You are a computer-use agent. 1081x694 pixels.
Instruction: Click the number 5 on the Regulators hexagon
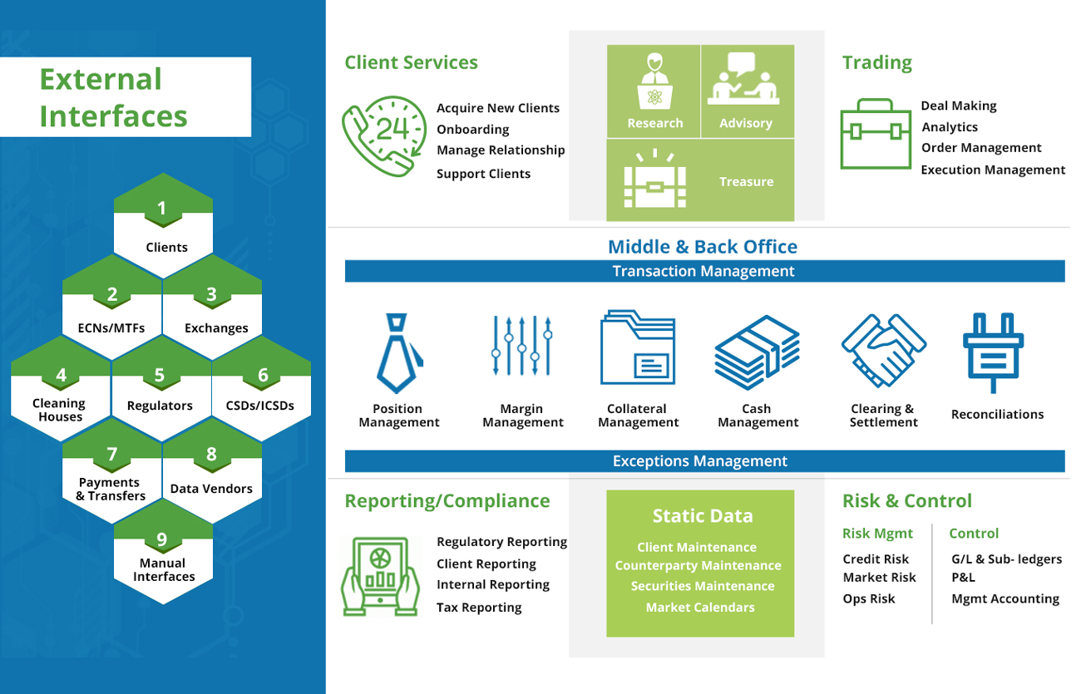[x=160, y=375]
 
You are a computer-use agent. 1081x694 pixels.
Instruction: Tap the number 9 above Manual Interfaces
[x=161, y=539]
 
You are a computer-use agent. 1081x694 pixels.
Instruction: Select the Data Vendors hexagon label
[x=211, y=489]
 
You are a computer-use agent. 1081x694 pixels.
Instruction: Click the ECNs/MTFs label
[x=111, y=328]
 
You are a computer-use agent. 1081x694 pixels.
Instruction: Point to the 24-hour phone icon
[x=384, y=136]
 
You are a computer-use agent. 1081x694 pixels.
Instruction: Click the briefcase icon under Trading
[x=876, y=134]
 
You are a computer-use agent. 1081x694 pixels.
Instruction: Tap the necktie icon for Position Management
[x=398, y=353]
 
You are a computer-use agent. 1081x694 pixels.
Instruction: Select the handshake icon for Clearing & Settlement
[x=884, y=351]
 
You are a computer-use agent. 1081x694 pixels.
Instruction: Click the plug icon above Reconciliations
[x=993, y=353]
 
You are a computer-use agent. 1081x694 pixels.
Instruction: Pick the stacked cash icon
[x=758, y=352]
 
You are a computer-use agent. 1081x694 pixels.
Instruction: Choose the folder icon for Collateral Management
[x=638, y=347]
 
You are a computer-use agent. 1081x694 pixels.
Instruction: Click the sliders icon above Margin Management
[x=521, y=345]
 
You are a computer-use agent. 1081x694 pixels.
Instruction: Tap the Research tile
[x=654, y=91]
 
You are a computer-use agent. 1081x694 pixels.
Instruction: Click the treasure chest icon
[x=655, y=179]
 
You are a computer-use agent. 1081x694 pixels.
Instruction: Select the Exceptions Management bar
[x=704, y=461]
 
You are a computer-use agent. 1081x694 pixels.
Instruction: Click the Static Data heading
[x=703, y=516]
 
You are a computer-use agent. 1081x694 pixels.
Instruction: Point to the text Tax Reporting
[x=479, y=608]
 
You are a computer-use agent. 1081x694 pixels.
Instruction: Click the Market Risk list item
[x=879, y=578]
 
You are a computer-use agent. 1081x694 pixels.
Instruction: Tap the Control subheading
[x=974, y=534]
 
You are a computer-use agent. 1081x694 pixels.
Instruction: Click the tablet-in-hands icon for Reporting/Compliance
[x=380, y=576]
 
